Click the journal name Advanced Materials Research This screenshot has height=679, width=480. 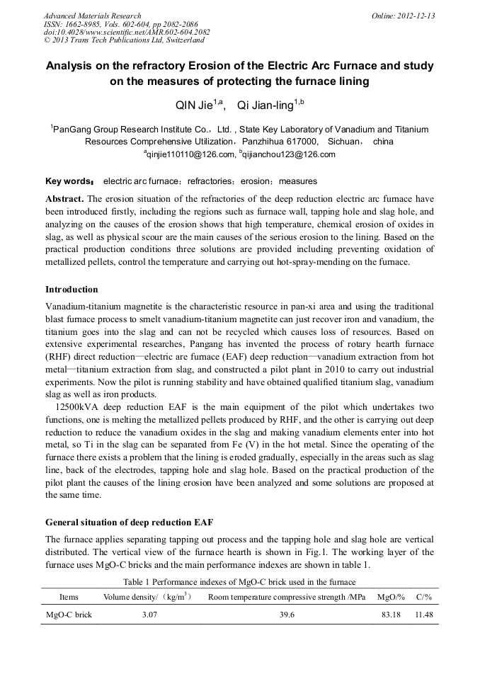click(x=92, y=16)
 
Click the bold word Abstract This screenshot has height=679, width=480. click(x=65, y=199)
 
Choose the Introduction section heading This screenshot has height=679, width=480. click(x=72, y=290)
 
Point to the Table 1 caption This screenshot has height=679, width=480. click(x=239, y=581)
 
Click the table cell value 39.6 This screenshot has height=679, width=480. click(x=287, y=615)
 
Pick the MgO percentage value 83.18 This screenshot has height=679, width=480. click(x=391, y=615)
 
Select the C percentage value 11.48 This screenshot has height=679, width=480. click(x=424, y=615)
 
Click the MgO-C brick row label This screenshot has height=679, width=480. click(x=69, y=615)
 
